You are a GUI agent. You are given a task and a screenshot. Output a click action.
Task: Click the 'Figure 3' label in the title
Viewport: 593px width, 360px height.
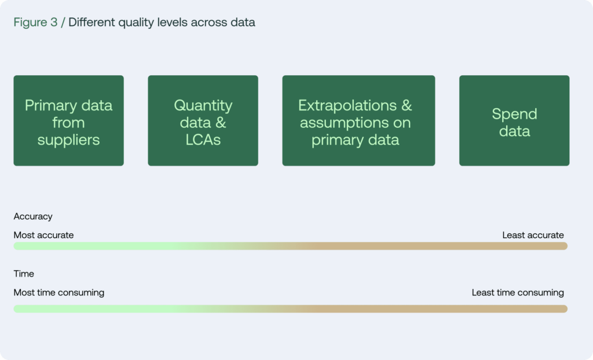(x=35, y=23)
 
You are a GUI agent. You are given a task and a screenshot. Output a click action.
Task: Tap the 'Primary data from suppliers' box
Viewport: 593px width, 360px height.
(x=68, y=120)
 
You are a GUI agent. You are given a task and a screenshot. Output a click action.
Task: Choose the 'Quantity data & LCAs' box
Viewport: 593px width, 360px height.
(x=203, y=120)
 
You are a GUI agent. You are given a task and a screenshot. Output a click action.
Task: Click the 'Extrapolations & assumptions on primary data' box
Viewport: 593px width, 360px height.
(x=358, y=120)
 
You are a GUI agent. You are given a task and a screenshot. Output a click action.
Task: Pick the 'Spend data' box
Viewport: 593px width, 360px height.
(x=514, y=120)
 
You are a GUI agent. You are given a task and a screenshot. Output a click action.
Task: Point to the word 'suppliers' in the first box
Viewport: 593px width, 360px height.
(x=68, y=140)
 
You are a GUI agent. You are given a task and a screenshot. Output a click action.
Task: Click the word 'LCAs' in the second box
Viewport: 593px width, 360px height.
(x=203, y=139)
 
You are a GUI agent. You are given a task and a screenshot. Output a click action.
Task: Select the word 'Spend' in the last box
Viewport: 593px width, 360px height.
(x=514, y=114)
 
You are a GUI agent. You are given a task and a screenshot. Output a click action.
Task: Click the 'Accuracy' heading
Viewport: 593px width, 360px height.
(x=33, y=216)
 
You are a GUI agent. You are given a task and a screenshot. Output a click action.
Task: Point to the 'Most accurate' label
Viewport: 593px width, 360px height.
(x=43, y=235)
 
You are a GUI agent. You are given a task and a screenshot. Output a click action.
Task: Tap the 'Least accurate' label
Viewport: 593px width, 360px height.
(x=533, y=235)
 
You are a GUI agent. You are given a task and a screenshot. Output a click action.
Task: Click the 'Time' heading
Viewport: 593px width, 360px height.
(x=24, y=274)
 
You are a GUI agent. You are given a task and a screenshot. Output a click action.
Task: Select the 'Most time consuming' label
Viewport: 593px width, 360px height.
(x=59, y=293)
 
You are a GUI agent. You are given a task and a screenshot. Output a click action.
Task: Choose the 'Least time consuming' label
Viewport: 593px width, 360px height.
(x=518, y=293)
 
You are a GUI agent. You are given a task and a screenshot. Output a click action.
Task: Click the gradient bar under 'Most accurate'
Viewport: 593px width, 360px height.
(x=291, y=246)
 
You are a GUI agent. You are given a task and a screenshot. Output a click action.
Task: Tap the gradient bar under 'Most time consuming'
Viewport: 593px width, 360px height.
(x=291, y=309)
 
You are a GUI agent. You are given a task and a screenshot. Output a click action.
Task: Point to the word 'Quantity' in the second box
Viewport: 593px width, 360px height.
(x=203, y=105)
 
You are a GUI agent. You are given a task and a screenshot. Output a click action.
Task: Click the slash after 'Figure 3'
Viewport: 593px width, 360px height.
(x=63, y=23)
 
